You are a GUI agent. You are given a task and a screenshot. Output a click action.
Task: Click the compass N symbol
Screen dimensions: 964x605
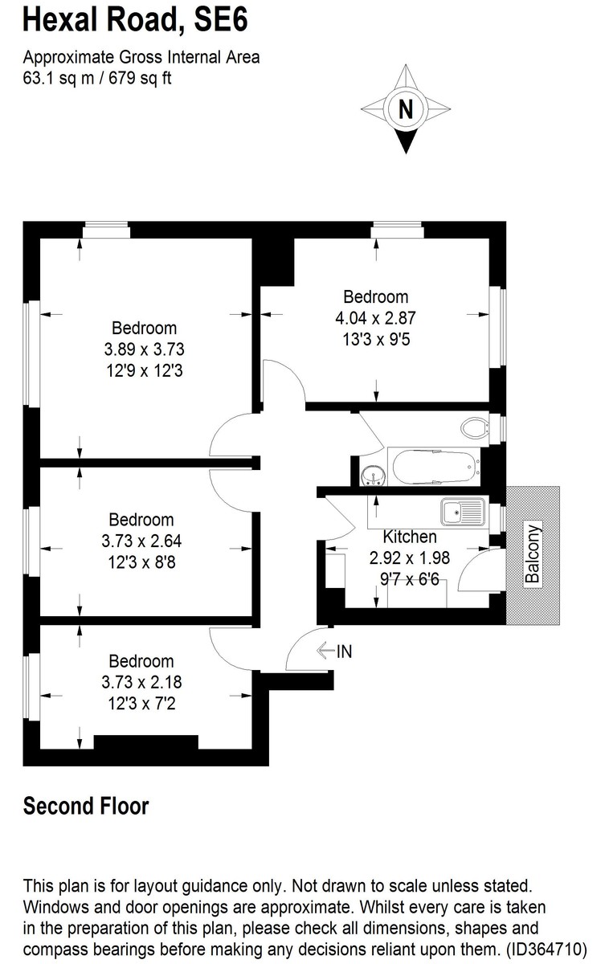[406, 108]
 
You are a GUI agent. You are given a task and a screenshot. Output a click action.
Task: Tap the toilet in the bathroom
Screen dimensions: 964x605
[476, 427]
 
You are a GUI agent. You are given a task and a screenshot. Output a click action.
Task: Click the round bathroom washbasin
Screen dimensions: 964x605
[372, 476]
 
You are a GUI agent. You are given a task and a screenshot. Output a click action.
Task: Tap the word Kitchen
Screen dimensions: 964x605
[410, 537]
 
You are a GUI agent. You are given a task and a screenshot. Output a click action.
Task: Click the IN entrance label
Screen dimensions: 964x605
[344, 652]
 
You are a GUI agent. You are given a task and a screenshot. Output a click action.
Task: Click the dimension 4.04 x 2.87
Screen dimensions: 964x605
[376, 317]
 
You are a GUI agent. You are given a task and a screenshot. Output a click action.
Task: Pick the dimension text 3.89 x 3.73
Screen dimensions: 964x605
[144, 349]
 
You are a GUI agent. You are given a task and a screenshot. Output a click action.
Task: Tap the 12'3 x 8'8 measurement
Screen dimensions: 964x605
[141, 562]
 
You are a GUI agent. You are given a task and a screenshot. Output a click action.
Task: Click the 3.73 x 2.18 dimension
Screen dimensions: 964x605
[141, 683]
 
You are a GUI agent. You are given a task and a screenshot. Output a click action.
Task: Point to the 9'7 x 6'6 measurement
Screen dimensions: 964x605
[411, 578]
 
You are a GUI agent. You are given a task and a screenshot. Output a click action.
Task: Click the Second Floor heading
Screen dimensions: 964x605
[86, 805]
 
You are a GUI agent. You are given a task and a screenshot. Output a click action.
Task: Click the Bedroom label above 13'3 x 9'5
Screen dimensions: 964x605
[376, 296]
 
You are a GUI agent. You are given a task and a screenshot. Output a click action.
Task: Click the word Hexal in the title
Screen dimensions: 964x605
[59, 19]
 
